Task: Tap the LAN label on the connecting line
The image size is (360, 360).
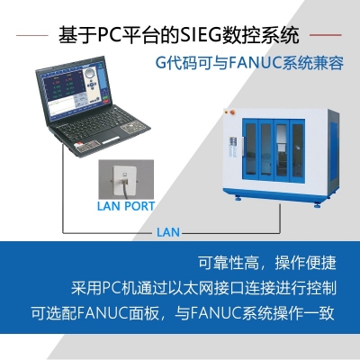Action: [x=168, y=231]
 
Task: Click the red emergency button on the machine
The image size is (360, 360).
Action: [x=229, y=116]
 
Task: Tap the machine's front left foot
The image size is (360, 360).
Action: [x=237, y=198]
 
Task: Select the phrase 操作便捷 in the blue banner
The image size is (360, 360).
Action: [x=306, y=264]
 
